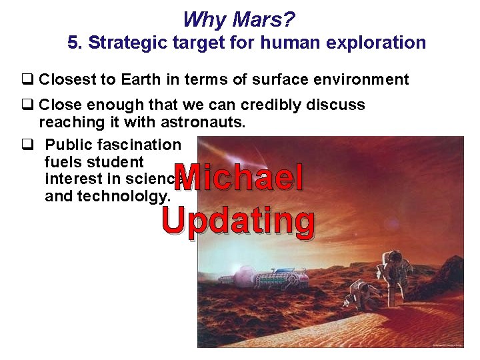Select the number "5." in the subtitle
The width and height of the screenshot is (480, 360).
point(75,43)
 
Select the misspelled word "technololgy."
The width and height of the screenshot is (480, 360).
point(108,196)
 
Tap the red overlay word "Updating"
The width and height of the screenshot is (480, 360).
point(239,221)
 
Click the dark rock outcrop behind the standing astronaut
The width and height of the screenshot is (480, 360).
point(433,267)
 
